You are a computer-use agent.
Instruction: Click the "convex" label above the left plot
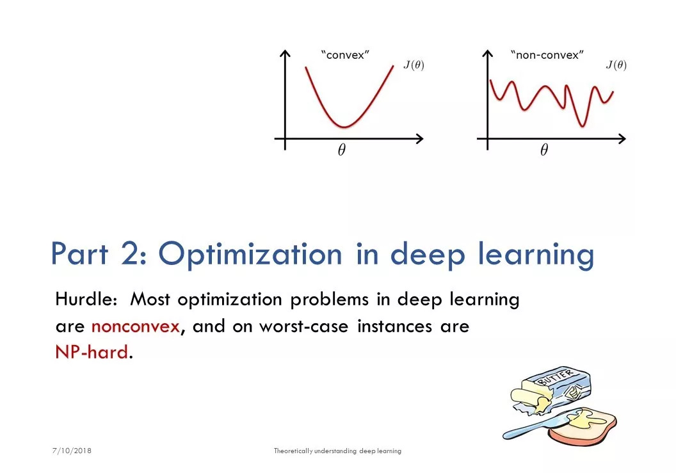coord(345,55)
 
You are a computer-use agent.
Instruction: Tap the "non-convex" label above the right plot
coord(547,55)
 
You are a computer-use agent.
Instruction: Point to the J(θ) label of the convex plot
coord(414,65)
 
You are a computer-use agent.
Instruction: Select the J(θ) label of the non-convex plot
coord(616,65)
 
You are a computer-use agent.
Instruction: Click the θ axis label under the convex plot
coord(341,150)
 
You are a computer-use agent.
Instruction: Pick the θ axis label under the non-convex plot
coord(544,150)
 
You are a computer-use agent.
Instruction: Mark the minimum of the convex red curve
coord(344,127)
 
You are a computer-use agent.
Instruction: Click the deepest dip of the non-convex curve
coord(583,125)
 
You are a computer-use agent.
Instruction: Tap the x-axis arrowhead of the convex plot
coord(419,139)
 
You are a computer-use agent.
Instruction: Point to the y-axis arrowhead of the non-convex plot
coord(488,54)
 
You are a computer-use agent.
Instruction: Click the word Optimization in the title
coord(250,254)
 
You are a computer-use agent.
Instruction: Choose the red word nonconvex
coord(135,326)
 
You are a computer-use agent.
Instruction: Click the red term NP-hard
coord(92,352)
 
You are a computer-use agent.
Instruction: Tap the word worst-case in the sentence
coord(303,326)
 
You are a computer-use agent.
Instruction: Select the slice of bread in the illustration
coord(582,427)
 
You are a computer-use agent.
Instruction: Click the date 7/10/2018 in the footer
coord(72,451)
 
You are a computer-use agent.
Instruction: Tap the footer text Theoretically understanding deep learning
coord(337,451)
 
